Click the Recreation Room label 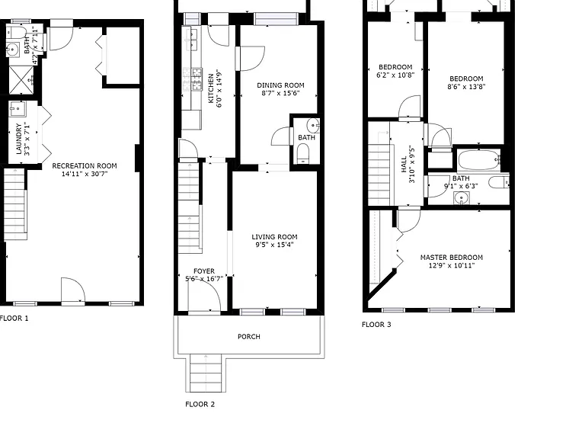pyautogui.click(x=85, y=165)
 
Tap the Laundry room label pyautogui.click(x=18, y=139)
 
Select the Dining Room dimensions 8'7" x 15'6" pyautogui.click(x=280, y=93)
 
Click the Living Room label pyautogui.click(x=274, y=237)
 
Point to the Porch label pyautogui.click(x=249, y=337)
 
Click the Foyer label pyautogui.click(x=204, y=271)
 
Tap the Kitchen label pyautogui.click(x=211, y=88)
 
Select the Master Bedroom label pyautogui.click(x=452, y=257)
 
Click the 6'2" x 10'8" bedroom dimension pyautogui.click(x=395, y=75)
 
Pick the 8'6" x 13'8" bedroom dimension pyautogui.click(x=466, y=87)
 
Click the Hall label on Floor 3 pyautogui.click(x=404, y=165)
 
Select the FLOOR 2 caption pyautogui.click(x=200, y=404)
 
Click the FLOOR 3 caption pyautogui.click(x=376, y=325)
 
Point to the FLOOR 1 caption pyautogui.click(x=14, y=319)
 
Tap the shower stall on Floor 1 pyautogui.click(x=21, y=80)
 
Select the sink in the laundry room pyautogui.click(x=17, y=109)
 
